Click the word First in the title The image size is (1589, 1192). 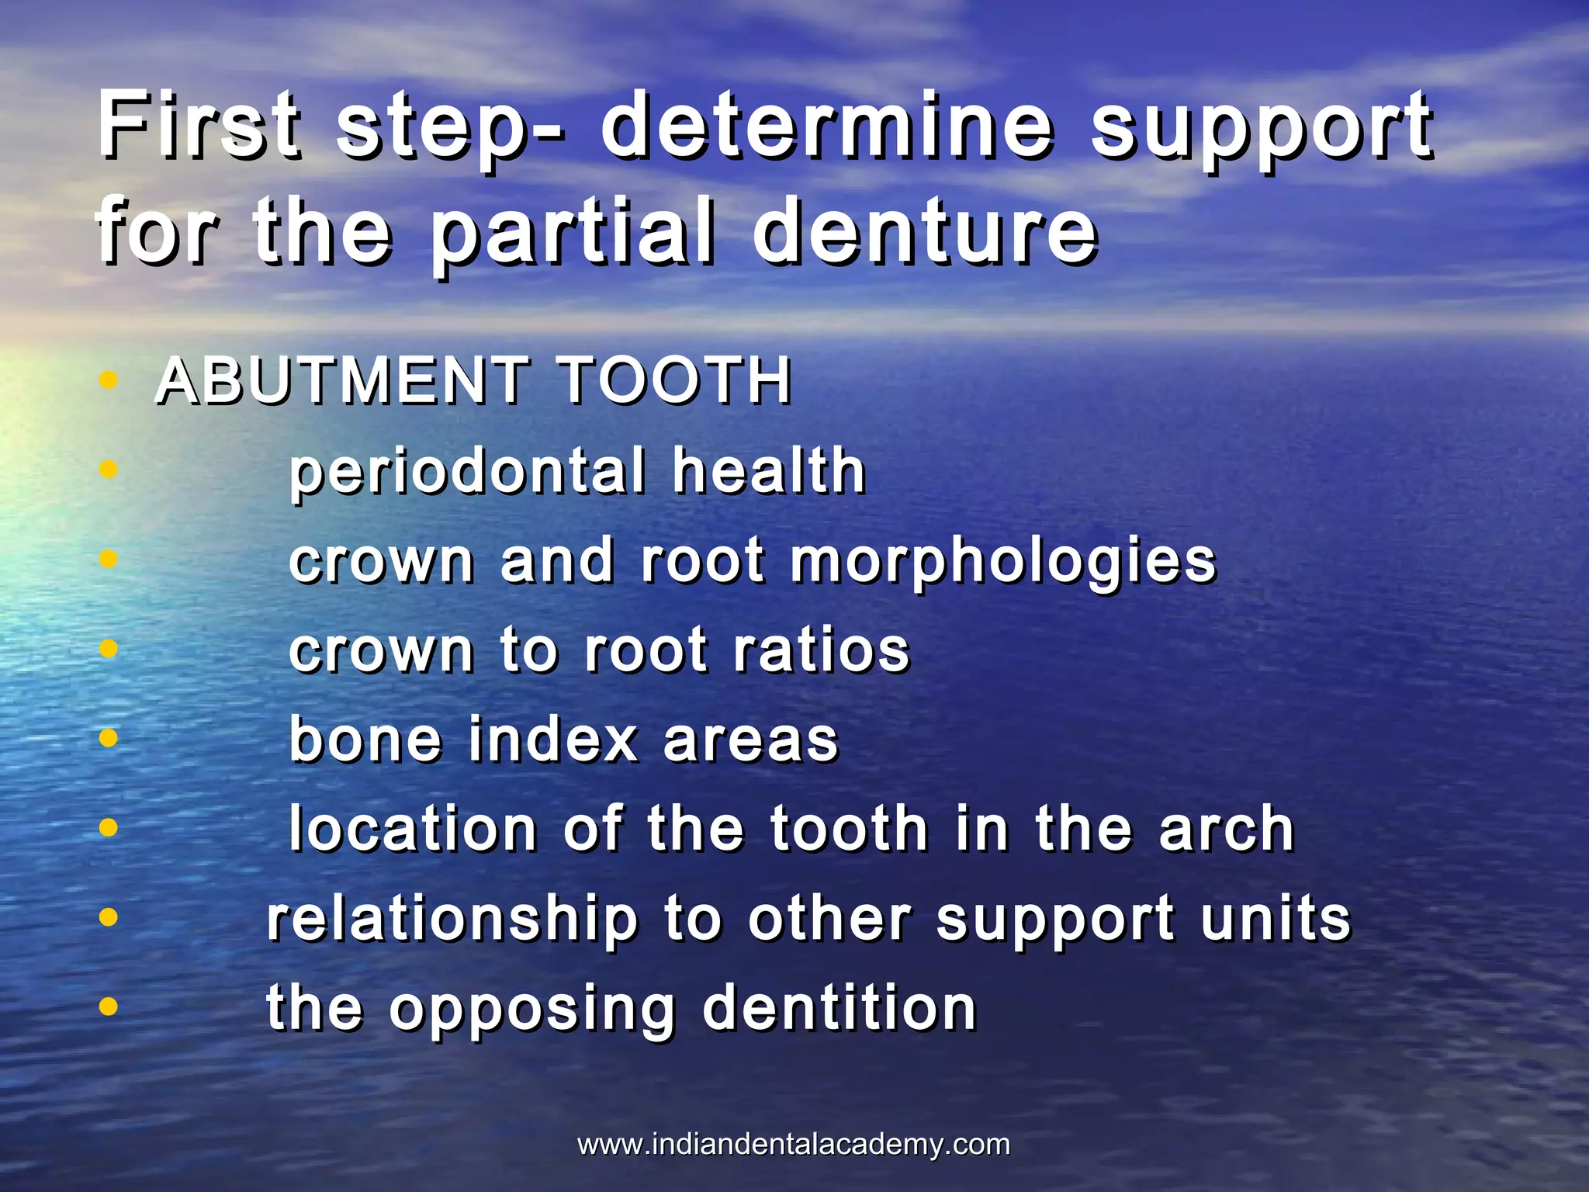(199, 124)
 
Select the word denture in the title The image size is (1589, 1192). (925, 230)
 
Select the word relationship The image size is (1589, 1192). (452, 920)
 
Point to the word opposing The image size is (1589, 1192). (532, 1009)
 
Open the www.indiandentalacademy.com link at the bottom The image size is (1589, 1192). (794, 1145)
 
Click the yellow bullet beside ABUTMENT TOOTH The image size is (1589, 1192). (109, 381)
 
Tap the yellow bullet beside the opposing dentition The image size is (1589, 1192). (109, 1007)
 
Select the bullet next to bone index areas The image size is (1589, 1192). (109, 738)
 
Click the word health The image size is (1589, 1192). (769, 471)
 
